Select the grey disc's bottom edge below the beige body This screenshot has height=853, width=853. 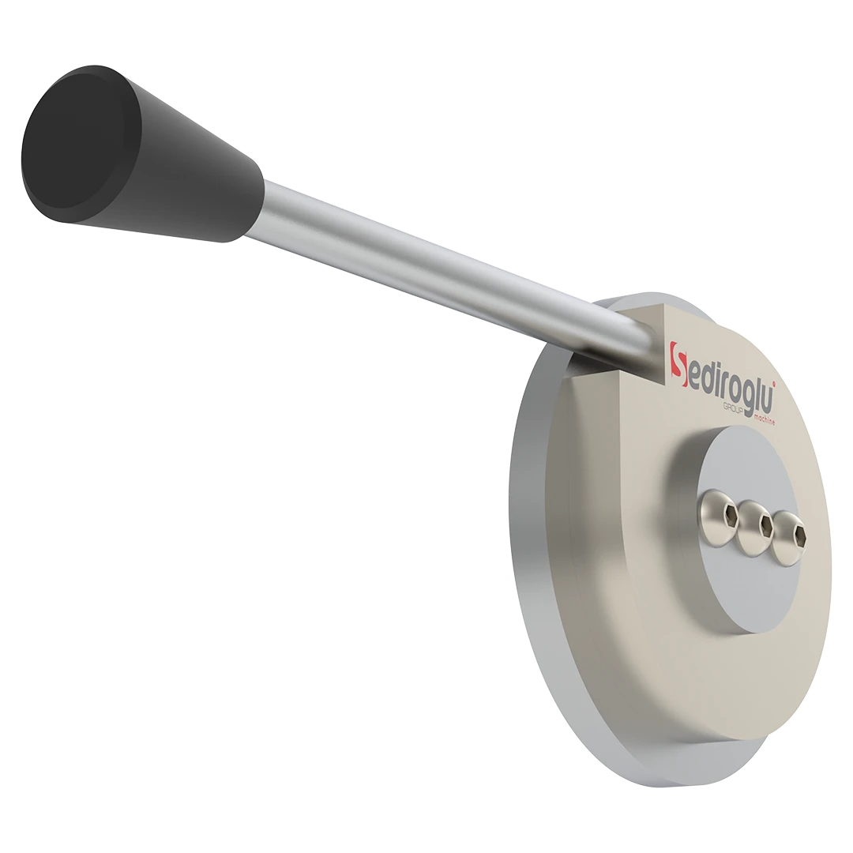(x=711, y=790)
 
